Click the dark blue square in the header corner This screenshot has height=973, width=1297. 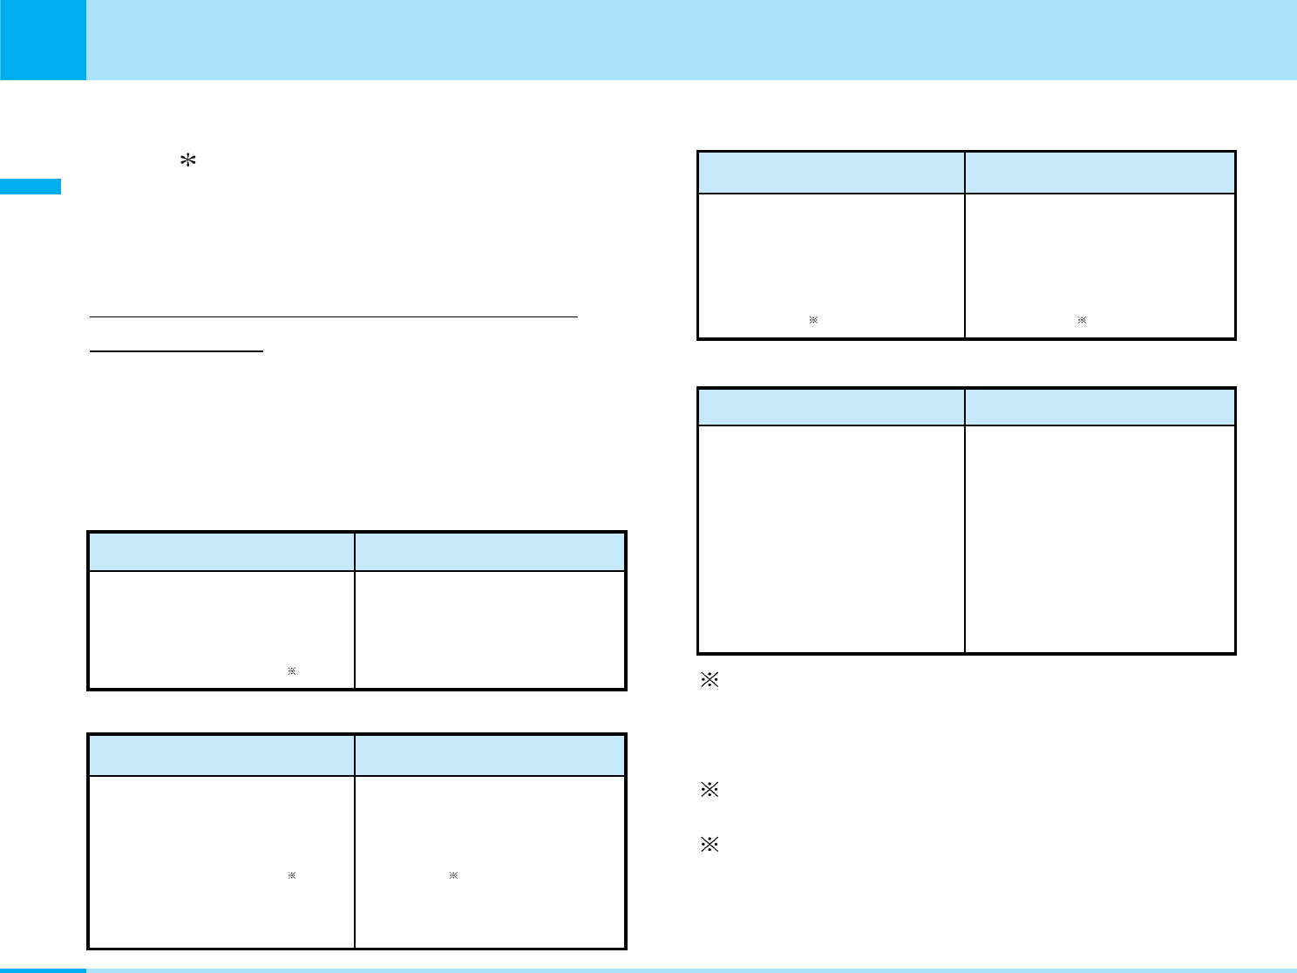[43, 39]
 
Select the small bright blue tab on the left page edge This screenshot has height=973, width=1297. [31, 187]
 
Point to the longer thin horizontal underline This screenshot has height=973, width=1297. [335, 316]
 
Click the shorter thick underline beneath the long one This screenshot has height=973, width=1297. [177, 351]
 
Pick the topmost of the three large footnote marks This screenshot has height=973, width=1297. [709, 681]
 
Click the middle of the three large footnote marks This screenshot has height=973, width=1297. [709, 791]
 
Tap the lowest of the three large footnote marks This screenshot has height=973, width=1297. [709, 844]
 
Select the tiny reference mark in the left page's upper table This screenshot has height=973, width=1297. [292, 671]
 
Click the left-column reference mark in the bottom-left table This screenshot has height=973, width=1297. [292, 874]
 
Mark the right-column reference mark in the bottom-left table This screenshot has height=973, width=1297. [453, 874]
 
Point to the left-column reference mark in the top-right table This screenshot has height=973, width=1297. [812, 321]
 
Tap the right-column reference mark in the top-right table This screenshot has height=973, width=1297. [1082, 321]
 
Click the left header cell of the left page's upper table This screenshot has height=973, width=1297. [221, 551]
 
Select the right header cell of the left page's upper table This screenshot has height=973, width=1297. [490, 551]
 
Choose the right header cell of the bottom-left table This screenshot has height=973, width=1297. [490, 755]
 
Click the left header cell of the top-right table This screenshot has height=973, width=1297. [832, 173]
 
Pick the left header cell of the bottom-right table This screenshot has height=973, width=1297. [832, 407]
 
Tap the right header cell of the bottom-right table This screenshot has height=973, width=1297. [1100, 407]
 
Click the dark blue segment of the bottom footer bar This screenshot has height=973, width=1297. [43, 970]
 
